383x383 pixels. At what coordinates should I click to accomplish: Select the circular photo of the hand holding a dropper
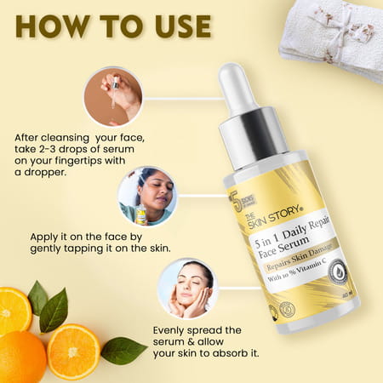[113, 96]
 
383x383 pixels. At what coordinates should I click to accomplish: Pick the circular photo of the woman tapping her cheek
[146, 196]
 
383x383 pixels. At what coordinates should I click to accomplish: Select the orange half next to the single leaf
[73, 349]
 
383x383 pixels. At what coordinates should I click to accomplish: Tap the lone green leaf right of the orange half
[124, 349]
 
